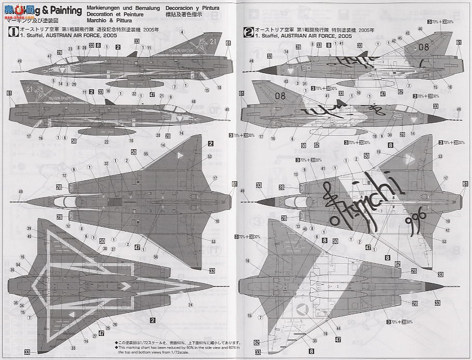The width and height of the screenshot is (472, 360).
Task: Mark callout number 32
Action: pos(106,164)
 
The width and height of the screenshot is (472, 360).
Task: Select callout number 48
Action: pos(194,101)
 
